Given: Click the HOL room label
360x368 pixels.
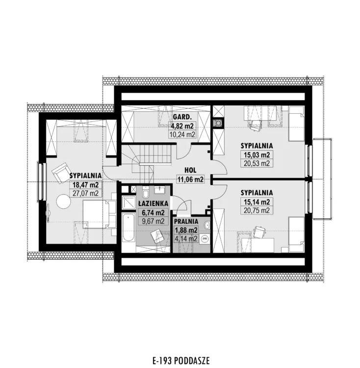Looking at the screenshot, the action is (x=190, y=170).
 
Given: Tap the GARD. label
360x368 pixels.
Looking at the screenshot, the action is (x=182, y=117).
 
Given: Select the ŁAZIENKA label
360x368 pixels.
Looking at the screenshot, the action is (x=153, y=204).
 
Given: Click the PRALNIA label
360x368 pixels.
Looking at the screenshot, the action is (x=186, y=221).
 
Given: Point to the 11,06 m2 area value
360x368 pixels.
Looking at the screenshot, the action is (x=190, y=180).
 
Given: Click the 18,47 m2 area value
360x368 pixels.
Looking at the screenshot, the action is (x=85, y=184).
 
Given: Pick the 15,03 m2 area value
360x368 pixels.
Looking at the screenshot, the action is (x=257, y=155).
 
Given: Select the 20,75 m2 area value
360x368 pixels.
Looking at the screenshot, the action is (x=257, y=210).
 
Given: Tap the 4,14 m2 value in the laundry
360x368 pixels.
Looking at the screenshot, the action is (x=186, y=238).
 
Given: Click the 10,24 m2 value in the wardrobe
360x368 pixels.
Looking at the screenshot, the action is (x=182, y=134).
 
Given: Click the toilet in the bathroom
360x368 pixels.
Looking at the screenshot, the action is (x=145, y=193).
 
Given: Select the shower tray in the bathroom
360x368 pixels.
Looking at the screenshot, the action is (x=129, y=202).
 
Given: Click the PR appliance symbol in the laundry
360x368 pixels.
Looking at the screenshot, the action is (x=205, y=238).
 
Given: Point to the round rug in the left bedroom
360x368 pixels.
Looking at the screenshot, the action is (x=63, y=201).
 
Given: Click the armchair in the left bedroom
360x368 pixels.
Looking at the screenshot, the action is (x=61, y=173).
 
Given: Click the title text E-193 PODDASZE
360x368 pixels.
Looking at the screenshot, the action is (x=181, y=360).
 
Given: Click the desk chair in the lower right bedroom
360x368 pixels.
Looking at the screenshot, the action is (x=259, y=232).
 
